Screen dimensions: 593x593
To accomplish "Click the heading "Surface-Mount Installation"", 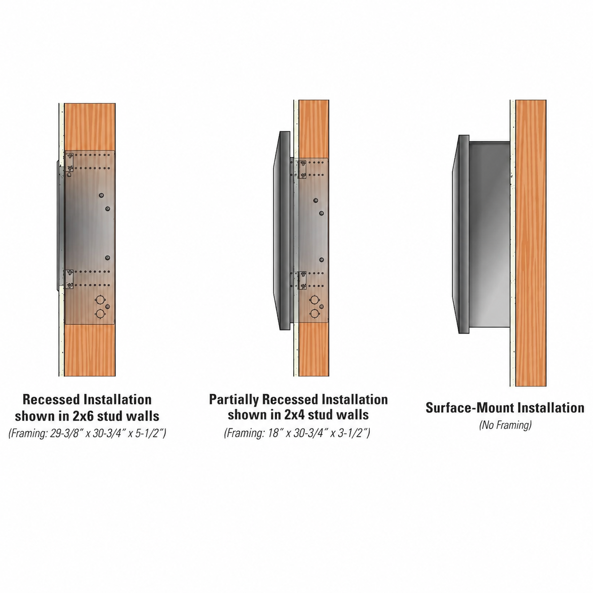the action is click(505, 408).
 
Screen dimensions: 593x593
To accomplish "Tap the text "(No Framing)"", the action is click(506, 425).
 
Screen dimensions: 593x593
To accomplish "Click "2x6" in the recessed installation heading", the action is click(81, 416).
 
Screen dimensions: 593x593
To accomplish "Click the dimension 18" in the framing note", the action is click(274, 433).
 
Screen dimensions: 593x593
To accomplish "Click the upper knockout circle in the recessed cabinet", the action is click(100, 299).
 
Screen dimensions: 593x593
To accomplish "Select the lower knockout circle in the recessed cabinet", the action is click(100, 314).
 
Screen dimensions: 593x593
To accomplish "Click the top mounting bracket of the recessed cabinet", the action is click(69, 162).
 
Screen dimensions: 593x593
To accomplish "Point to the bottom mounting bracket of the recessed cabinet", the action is click(69, 279).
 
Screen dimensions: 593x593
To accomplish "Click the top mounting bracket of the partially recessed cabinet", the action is click(303, 170).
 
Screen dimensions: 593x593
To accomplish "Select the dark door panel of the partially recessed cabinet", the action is click(282, 231).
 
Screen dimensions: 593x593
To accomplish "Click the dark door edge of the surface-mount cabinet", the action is click(461, 234).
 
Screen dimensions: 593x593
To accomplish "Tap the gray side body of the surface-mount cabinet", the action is click(489, 234).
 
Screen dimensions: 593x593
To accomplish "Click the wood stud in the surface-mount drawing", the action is click(531, 243).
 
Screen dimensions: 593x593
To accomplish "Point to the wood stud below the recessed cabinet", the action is click(90, 350).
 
